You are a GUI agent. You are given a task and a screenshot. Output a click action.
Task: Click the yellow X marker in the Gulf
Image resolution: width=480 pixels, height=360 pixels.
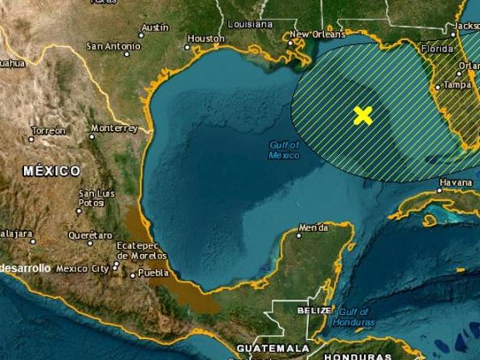tap(362, 115)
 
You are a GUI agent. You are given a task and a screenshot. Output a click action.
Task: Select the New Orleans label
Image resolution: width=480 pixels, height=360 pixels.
tap(311, 34)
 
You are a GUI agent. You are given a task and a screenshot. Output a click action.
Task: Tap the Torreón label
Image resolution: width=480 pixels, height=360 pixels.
tap(49, 131)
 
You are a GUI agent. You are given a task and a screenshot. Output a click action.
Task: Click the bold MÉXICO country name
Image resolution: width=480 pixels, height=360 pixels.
tap(52, 171)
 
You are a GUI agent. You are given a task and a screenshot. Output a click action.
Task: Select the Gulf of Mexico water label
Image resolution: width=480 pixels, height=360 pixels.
tap(284, 150)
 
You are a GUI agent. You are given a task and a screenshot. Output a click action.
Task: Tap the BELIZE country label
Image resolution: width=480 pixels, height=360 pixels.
tap(314, 310)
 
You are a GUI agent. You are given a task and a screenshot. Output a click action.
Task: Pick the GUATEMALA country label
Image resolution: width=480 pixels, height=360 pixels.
tap(273, 348)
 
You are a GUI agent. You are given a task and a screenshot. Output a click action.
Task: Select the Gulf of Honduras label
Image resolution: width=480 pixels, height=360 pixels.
tap(356, 317)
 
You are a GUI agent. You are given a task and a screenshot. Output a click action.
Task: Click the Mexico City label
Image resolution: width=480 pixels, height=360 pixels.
tap(82, 269)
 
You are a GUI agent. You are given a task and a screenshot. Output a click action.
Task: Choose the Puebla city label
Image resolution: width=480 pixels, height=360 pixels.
tap(149, 273)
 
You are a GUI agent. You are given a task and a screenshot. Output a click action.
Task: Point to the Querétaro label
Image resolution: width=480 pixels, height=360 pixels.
tap(90, 235)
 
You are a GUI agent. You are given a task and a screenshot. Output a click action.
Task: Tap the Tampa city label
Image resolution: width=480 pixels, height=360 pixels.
tap(457, 85)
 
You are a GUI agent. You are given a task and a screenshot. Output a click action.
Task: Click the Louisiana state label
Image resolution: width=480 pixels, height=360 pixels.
tap(250, 24)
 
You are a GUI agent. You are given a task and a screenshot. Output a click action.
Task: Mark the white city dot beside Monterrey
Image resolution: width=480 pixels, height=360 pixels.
tap(92, 136)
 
